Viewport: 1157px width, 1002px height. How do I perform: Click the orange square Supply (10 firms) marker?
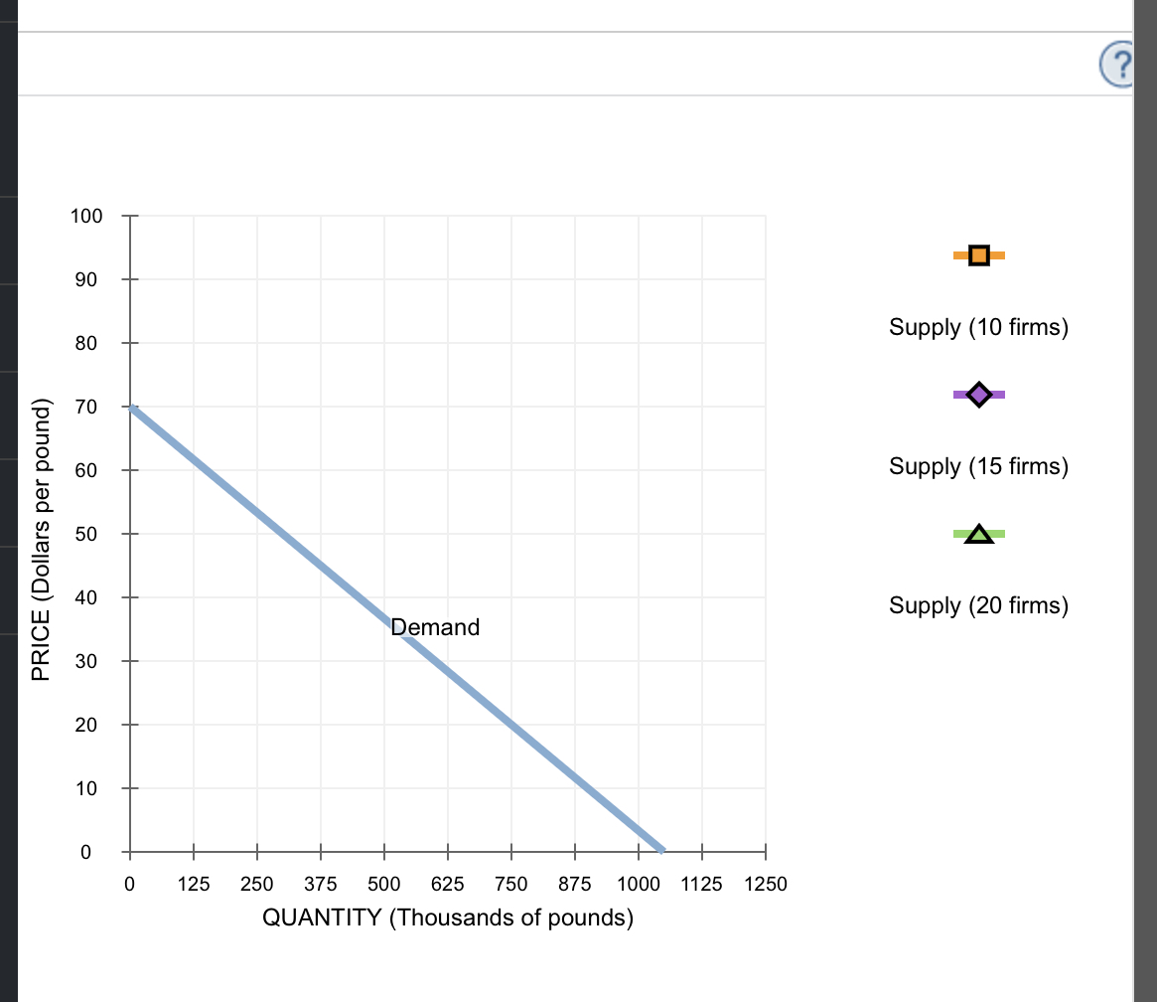click(979, 255)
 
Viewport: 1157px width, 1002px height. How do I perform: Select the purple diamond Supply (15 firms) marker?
click(979, 395)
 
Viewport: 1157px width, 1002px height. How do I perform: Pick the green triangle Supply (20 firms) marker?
click(979, 535)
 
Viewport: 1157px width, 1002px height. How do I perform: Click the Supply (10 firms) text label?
click(978, 327)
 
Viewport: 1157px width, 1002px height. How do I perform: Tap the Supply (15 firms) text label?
click(978, 466)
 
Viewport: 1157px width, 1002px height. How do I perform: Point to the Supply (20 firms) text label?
click(978, 605)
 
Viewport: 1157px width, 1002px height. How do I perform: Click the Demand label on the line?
click(435, 627)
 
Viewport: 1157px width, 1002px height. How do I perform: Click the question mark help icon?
click(1119, 66)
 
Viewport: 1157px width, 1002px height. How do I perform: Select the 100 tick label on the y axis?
click(85, 216)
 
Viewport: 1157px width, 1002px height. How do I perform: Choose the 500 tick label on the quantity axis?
click(383, 884)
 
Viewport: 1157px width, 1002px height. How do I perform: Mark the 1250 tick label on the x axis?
click(766, 884)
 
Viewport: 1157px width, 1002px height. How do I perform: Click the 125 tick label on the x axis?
click(193, 884)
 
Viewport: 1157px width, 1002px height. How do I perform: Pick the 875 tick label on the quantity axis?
click(575, 884)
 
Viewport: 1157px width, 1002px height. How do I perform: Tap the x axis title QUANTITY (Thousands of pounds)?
click(447, 918)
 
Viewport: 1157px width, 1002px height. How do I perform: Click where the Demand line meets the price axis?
click(130, 408)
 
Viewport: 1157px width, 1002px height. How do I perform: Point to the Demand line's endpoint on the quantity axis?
click(663, 851)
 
